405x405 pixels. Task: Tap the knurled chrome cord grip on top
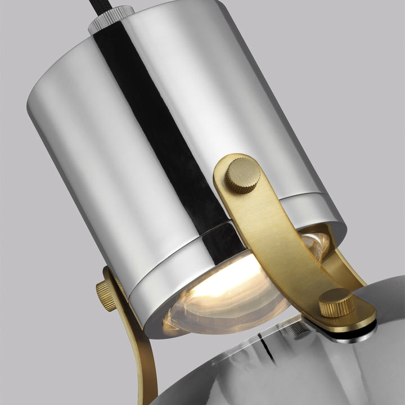(x=111, y=18)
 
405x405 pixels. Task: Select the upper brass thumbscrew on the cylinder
(x=243, y=175)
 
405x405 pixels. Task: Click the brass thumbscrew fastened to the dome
(x=337, y=302)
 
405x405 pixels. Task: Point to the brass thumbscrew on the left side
(x=106, y=295)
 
